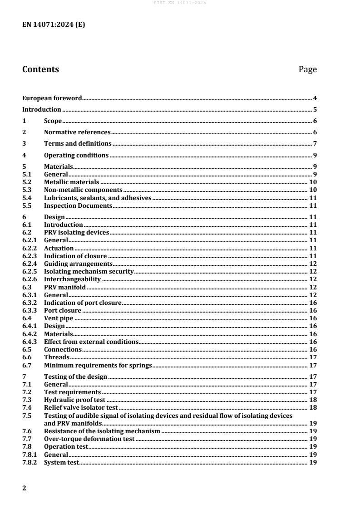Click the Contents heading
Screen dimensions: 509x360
[x=40, y=69]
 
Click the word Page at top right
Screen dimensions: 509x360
[x=307, y=69]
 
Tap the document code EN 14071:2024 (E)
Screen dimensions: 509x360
[x=54, y=25]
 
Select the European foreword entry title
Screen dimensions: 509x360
[x=52, y=98]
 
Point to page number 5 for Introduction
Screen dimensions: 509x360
[x=314, y=109]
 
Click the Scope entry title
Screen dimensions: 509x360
[x=53, y=121]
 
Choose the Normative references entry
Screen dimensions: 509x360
[x=77, y=132]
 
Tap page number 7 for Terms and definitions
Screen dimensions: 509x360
[x=314, y=144]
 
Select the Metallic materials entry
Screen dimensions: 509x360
[x=71, y=182]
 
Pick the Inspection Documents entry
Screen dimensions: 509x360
[x=78, y=206]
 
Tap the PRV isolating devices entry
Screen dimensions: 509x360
[x=76, y=233]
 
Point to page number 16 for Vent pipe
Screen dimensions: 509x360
[x=312, y=318]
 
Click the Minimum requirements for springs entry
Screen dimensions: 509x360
[x=98, y=365]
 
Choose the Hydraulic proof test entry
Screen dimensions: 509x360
[x=74, y=400]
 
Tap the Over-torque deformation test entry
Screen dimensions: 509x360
[x=89, y=439]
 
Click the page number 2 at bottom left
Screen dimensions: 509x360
[x=25, y=488]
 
